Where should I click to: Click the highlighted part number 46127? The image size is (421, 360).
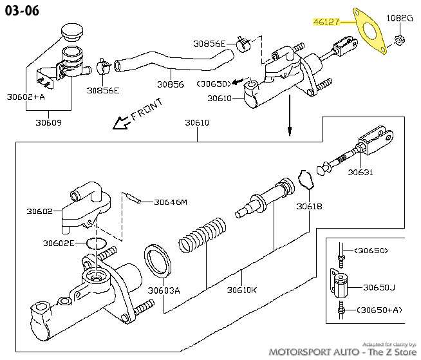click(x=326, y=22)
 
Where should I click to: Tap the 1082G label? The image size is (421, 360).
click(x=400, y=18)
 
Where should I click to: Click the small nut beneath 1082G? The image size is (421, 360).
click(x=400, y=41)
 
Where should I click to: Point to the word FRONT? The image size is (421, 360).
click(x=147, y=109)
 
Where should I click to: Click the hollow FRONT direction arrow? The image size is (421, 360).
click(x=121, y=123)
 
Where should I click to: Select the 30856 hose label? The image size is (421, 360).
click(x=171, y=84)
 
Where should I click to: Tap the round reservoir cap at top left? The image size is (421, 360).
click(x=72, y=32)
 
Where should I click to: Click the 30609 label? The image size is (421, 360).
click(x=48, y=123)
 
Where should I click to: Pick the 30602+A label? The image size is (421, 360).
click(x=26, y=97)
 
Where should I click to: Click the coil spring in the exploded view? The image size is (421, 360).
click(x=202, y=235)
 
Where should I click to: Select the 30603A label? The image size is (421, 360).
click(x=164, y=290)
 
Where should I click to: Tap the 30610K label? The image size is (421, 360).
click(x=242, y=290)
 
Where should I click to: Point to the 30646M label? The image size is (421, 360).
click(x=171, y=202)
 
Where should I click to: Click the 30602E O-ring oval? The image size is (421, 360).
click(x=97, y=243)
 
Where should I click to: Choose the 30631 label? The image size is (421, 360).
click(x=360, y=172)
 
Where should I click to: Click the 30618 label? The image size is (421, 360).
click(x=309, y=206)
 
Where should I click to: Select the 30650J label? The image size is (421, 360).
click(x=379, y=287)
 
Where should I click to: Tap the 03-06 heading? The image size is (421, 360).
click(x=22, y=11)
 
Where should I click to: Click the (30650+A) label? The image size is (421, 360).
click(x=379, y=310)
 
